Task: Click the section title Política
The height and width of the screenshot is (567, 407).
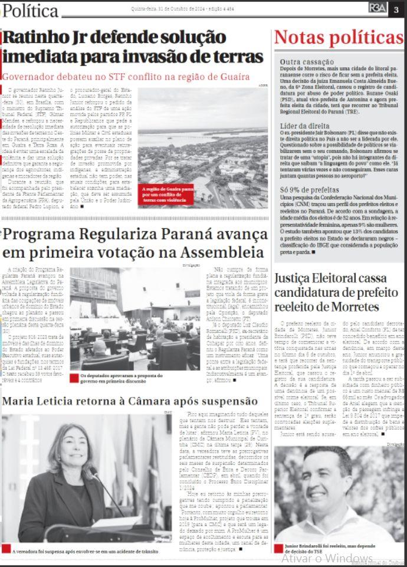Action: (30, 11)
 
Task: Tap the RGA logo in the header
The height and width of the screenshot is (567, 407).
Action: (377, 8)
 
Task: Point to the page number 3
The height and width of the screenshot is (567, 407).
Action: (396, 8)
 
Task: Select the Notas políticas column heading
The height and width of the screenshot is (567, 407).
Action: (339, 37)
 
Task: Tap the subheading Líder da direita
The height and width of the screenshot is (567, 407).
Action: (304, 126)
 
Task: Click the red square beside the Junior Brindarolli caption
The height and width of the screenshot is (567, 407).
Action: (278, 548)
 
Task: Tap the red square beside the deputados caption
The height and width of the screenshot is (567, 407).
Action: (74, 378)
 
